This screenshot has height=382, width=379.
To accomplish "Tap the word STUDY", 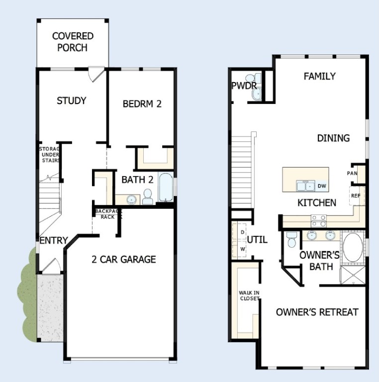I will pyautogui.click(x=71, y=101).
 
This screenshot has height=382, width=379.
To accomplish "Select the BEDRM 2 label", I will pyautogui.click(x=142, y=104).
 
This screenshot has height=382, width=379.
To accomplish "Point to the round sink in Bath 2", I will pyautogui.click(x=131, y=200).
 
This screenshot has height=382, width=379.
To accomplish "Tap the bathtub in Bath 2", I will pyautogui.click(x=166, y=188).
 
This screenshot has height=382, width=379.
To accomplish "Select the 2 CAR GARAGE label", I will pyautogui.click(x=123, y=259).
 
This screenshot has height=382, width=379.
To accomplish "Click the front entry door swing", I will pyautogui.click(x=51, y=266).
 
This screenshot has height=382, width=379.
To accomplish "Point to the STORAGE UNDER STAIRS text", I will pyautogui.click(x=50, y=155).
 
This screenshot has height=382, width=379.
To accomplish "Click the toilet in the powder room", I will pyautogui.click(x=256, y=80).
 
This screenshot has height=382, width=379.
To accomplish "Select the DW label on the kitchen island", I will pyautogui.click(x=322, y=186).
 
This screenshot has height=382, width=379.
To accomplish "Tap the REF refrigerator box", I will pyautogui.click(x=356, y=195).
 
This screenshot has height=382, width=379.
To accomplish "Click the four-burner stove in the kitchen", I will pyautogui.click(x=318, y=220).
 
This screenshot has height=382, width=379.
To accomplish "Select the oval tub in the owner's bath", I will pyautogui.click(x=353, y=249).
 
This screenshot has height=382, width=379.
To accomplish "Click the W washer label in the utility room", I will pyautogui.click(x=243, y=248).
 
